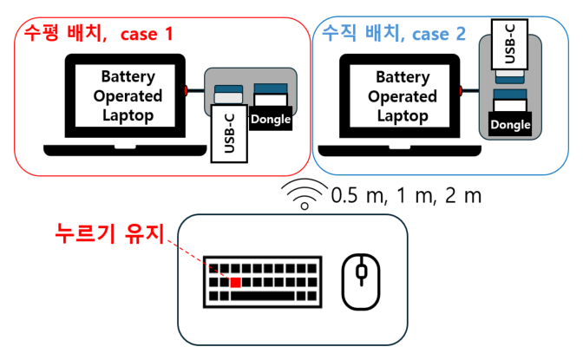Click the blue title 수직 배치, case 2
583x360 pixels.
(x=394, y=35)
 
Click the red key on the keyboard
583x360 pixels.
(x=235, y=283)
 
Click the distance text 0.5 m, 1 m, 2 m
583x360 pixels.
(x=405, y=196)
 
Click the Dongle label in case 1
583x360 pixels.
(x=269, y=119)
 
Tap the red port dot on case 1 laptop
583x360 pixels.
(x=187, y=89)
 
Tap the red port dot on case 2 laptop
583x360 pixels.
(x=462, y=89)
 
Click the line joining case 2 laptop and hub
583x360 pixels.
(x=472, y=89)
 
